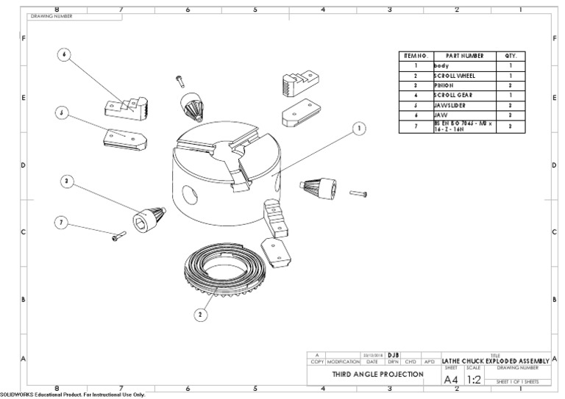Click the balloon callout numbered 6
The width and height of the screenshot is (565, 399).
coord(64,56)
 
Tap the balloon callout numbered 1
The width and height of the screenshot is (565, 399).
coord(359,128)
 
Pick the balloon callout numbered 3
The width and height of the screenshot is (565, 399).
coord(67,181)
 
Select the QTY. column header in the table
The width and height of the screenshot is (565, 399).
coord(511,56)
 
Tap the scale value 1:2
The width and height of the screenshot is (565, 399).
coord(474,380)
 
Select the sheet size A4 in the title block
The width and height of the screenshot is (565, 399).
coord(452,380)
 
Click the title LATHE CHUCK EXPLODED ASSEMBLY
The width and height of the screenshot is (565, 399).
coord(495,361)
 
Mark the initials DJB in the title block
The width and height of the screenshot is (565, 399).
coord(393,355)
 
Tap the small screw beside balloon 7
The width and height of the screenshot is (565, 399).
coord(118,237)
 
